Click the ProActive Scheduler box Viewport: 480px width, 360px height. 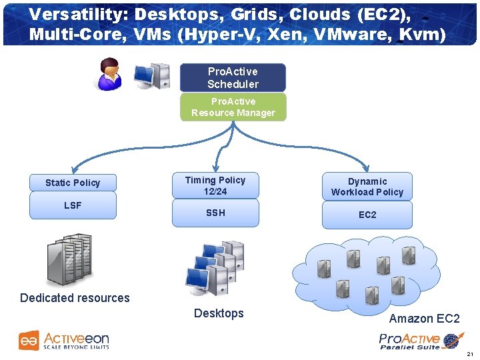click(233, 78)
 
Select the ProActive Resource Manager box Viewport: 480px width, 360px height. click(233, 107)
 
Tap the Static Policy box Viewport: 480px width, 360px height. click(73, 183)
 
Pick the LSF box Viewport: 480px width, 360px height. click(73, 205)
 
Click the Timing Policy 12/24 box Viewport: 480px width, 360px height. click(215, 185)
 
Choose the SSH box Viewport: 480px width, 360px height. click(215, 213)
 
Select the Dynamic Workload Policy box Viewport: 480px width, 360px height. click(367, 187)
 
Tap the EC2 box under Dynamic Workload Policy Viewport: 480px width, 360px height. click(367, 215)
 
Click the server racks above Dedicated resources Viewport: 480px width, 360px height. click(69, 259)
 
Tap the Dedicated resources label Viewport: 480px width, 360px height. click(75, 298)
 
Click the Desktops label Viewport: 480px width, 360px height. click(219, 313)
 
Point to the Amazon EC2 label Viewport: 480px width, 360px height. click(424, 319)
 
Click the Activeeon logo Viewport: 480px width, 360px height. click(64, 340)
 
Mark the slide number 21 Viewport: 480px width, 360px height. click(470, 353)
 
